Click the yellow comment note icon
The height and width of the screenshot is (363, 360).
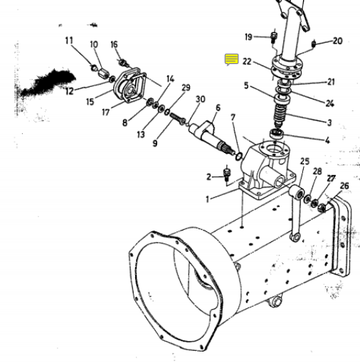(x=232, y=60)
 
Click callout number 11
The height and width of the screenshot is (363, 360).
(x=69, y=41)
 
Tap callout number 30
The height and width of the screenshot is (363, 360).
(x=200, y=99)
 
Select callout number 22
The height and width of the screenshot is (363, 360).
(x=247, y=62)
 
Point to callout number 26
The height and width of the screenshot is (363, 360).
(x=344, y=186)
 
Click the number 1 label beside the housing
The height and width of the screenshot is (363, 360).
(x=208, y=199)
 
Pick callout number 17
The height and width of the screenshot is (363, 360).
(x=106, y=112)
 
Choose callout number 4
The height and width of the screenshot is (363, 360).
(x=327, y=140)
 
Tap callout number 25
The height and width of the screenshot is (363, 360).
(x=305, y=162)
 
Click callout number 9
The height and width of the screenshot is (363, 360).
(x=155, y=143)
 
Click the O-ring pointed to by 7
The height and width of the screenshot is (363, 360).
(x=239, y=157)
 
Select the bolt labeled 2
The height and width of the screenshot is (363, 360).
(x=227, y=175)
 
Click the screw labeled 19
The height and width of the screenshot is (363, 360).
(x=274, y=37)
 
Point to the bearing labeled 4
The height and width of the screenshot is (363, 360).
(x=277, y=134)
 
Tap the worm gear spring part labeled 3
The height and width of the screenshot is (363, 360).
(x=280, y=116)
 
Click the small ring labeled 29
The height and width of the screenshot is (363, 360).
(x=167, y=112)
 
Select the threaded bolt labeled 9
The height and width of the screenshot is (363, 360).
(x=178, y=119)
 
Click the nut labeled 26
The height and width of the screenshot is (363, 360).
(x=322, y=207)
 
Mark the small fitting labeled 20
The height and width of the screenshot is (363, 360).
(x=314, y=44)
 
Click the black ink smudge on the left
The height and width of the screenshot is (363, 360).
(x=48, y=82)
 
